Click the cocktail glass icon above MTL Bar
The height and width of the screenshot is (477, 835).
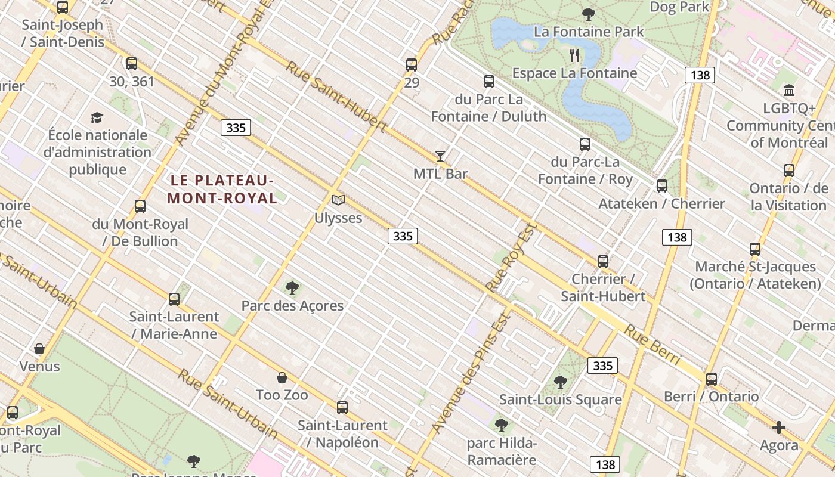pyautogui.click(x=440, y=156)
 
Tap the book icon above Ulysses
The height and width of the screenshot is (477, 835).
pyautogui.click(x=338, y=200)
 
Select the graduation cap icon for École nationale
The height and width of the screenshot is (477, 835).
pyautogui.click(x=97, y=118)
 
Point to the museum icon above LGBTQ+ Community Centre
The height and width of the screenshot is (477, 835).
pyautogui.click(x=789, y=91)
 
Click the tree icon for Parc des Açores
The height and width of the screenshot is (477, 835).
pyautogui.click(x=292, y=288)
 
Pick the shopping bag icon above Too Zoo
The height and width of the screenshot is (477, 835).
pyautogui.click(x=282, y=377)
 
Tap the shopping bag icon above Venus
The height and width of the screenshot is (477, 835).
pyautogui.click(x=39, y=348)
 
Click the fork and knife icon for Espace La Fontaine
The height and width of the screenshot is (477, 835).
pyautogui.click(x=574, y=55)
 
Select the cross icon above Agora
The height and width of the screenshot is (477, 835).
pyautogui.click(x=778, y=428)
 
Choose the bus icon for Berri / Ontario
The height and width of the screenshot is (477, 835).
pyautogui.click(x=711, y=379)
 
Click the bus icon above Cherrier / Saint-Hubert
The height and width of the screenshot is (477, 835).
pyautogui.click(x=602, y=261)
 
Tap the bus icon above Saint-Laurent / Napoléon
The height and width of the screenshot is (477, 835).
pyautogui.click(x=342, y=408)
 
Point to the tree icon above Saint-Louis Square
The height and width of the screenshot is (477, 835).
pyautogui.click(x=560, y=382)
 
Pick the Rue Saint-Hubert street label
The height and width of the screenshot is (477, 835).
pyautogui.click(x=336, y=95)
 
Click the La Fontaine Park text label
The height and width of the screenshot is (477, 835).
pyautogui.click(x=589, y=32)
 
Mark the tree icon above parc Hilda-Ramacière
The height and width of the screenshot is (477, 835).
pyautogui.click(x=502, y=425)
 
